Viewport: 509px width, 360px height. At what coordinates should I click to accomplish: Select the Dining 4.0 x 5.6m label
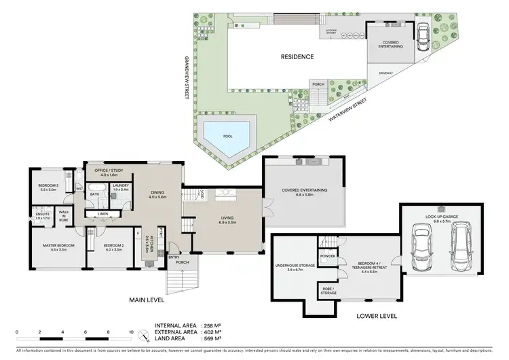157,195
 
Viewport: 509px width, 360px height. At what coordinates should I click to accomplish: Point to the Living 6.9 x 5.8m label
227,221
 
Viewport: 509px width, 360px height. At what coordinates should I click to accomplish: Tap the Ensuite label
43,216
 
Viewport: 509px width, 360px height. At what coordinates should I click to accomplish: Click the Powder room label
328,257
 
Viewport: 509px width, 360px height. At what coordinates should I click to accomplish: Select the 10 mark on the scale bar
131,333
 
